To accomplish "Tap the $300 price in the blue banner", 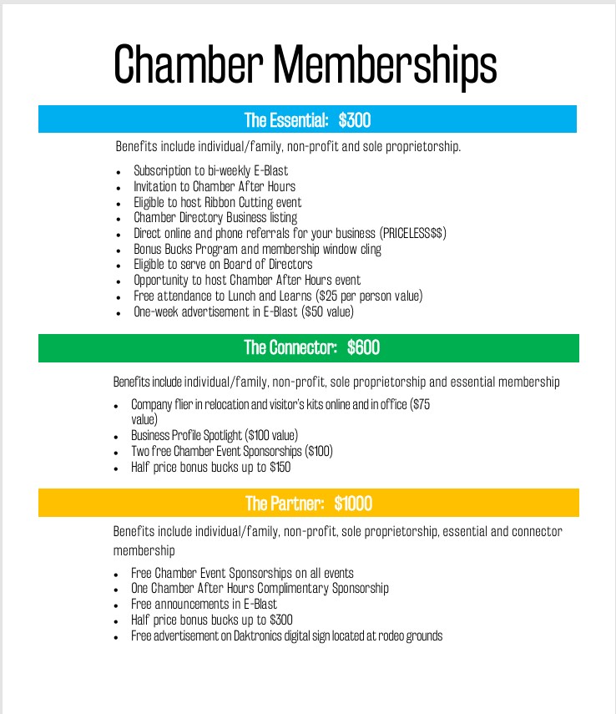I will coord(355,120).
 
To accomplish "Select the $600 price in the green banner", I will coord(363,347).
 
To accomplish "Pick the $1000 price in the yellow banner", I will coord(353,504).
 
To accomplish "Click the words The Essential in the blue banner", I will coord(285,120).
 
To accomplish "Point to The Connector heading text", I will coord(290,347).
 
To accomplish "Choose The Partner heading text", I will coord(284,504).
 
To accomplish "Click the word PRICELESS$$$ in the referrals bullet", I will coord(412,234).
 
